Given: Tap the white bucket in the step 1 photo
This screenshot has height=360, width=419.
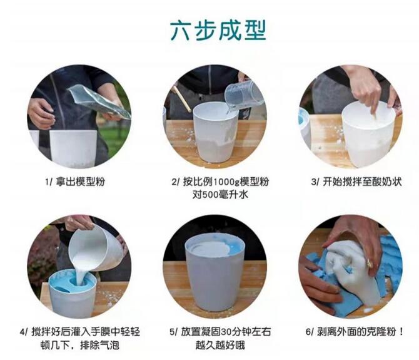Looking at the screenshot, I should (x=74, y=148).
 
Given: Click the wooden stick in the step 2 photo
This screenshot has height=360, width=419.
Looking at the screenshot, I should (x=182, y=100).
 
